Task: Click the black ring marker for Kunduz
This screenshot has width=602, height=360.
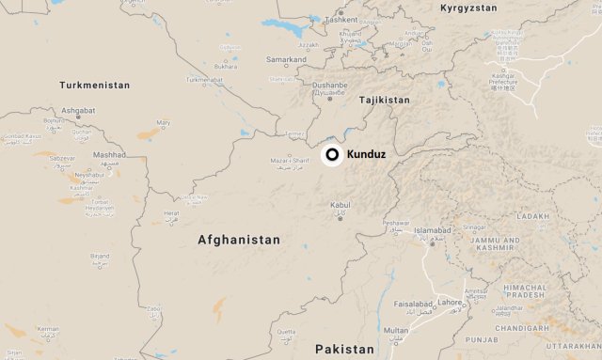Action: [x=332, y=154]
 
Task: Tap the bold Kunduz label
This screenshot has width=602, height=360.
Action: [x=365, y=154]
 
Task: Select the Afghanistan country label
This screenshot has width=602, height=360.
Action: [x=239, y=240]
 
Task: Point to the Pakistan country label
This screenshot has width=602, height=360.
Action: [x=344, y=350]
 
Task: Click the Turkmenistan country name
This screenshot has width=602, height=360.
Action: [x=94, y=85]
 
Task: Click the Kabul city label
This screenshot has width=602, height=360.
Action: [x=340, y=204]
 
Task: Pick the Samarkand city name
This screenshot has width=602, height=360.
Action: [x=286, y=59]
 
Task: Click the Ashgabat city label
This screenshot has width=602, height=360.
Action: [x=78, y=110]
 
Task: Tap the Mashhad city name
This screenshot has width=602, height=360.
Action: [x=109, y=154]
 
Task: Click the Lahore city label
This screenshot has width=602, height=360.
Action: [x=451, y=302]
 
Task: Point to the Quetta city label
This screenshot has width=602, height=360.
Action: [x=285, y=331]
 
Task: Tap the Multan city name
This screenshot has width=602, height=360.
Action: [x=396, y=331]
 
